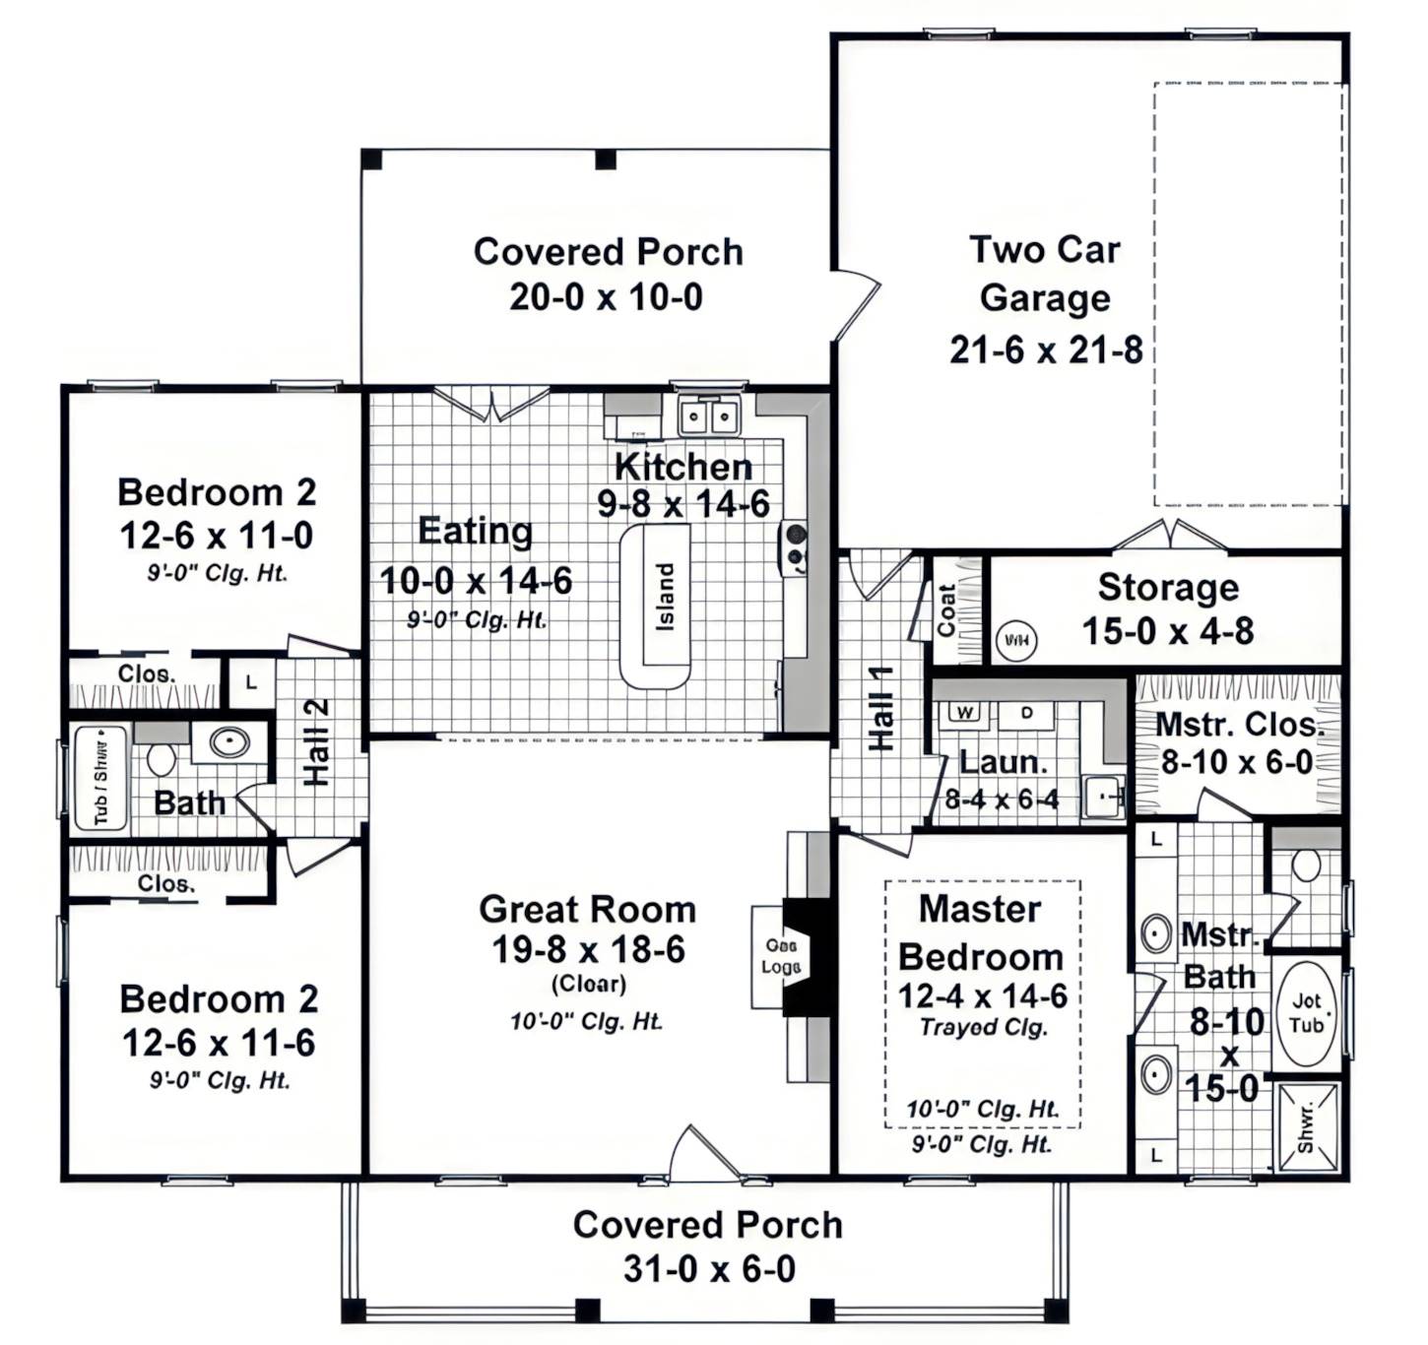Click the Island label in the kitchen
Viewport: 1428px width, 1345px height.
[x=666, y=597]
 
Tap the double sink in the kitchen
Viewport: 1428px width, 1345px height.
[x=709, y=416]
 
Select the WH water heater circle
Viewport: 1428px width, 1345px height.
[x=1015, y=641]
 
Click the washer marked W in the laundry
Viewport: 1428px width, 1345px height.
[x=964, y=712]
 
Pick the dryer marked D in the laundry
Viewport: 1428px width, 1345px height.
[x=1026, y=712]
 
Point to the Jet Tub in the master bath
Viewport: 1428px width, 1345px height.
[x=1306, y=1014]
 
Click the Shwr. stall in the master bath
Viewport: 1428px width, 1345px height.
[x=1307, y=1127]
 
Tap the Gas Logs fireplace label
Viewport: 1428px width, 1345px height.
[x=780, y=956]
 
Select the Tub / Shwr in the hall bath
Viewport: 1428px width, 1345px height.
[x=100, y=778]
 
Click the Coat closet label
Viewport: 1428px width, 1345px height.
[x=946, y=610]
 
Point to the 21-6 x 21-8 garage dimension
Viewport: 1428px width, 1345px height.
[x=1046, y=350]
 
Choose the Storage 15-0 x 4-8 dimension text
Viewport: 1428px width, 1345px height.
[x=1168, y=631]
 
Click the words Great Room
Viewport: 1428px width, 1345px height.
[x=587, y=909]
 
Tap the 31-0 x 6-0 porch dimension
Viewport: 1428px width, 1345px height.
[x=709, y=1269]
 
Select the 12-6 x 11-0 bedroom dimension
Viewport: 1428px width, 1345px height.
[x=217, y=536]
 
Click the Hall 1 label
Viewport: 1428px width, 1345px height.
[x=880, y=709]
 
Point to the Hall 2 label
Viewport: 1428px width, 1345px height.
[x=316, y=742]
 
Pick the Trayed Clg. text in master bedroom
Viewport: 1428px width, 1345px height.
[x=983, y=1027]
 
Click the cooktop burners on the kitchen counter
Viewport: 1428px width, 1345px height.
[x=795, y=548]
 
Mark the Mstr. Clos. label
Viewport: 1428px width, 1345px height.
[x=1237, y=725]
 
